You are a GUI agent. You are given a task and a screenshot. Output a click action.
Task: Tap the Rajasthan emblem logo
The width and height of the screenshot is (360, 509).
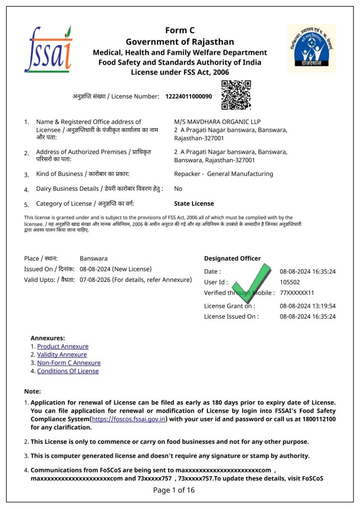tap(311, 48)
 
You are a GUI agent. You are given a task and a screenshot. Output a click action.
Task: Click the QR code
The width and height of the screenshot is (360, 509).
tap(236, 95)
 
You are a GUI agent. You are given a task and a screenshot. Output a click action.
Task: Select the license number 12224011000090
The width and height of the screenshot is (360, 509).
tap(188, 96)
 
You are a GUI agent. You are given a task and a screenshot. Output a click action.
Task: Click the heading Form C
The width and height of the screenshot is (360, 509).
tap(180, 31)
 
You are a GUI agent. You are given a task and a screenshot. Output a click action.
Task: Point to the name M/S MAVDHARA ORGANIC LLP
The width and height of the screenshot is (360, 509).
tap(217, 122)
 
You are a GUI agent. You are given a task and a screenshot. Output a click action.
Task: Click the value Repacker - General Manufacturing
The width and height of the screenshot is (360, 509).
tap(223, 174)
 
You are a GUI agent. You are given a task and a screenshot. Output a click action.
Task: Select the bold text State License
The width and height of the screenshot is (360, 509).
tap(194, 203)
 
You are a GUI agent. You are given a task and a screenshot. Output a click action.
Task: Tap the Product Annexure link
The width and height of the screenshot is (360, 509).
tap(63, 346)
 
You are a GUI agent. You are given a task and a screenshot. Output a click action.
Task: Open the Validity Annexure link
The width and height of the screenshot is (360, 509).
tap(62, 354)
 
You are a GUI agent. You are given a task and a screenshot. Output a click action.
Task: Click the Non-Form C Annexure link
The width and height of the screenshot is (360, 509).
tap(69, 363)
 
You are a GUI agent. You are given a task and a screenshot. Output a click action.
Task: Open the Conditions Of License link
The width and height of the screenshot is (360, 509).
tap(68, 371)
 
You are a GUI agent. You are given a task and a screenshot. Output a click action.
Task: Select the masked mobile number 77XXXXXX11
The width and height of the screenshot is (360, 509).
tap(297, 293)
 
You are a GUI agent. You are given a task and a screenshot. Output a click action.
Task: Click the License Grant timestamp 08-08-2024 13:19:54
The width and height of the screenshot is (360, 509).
tap(307, 306)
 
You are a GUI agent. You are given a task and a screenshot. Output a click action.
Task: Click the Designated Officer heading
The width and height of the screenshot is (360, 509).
tap(232, 258)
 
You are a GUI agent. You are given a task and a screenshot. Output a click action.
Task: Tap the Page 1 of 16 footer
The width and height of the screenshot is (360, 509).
tap(174, 490)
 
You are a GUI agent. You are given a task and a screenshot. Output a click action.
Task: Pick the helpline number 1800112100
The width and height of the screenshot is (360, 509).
tap(316, 419)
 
